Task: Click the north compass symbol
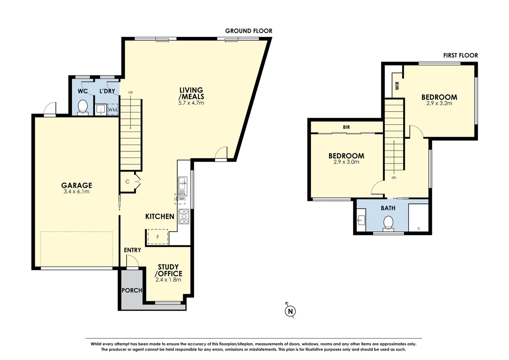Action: (290, 311)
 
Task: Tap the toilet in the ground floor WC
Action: (82, 108)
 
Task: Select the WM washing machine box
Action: (113, 110)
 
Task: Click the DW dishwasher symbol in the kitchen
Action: (180, 199)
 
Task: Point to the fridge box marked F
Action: (158, 237)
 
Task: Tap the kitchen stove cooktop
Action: (184, 216)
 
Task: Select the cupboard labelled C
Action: (128, 182)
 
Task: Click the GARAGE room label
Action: (76, 185)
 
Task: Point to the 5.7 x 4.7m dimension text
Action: (191, 103)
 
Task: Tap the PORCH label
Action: (132, 290)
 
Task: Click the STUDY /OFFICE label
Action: (168, 270)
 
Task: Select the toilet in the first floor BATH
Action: (388, 223)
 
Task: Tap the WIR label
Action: (397, 86)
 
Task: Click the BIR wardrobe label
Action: (346, 127)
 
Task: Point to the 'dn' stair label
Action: (394, 178)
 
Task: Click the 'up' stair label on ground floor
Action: (130, 92)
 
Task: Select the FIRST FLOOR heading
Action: (460, 55)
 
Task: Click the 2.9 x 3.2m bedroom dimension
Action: (439, 103)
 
